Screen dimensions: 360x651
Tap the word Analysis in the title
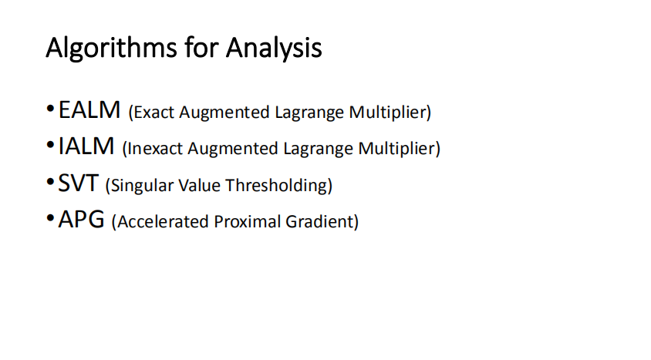click(273, 49)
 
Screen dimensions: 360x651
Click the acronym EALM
click(89, 110)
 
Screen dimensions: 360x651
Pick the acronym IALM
click(86, 146)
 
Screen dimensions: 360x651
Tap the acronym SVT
click(79, 183)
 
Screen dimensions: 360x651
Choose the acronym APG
click(81, 220)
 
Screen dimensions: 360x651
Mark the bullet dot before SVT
click(51, 183)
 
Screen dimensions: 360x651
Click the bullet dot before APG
click(51, 220)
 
